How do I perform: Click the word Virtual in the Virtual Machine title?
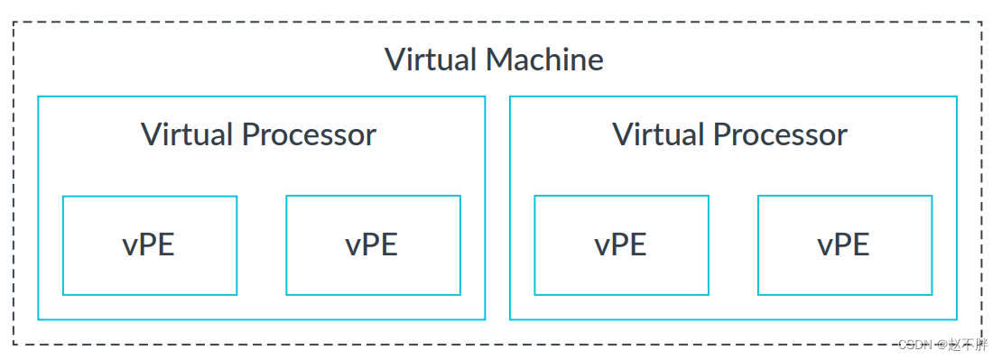point(431,60)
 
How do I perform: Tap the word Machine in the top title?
point(544,60)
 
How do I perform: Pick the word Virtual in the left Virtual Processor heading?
point(187,134)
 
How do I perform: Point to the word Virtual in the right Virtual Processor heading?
point(658,134)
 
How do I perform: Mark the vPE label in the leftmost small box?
point(149,245)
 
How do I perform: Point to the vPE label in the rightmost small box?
point(844,245)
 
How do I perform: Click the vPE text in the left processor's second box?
point(372,245)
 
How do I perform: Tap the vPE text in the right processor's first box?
point(621,245)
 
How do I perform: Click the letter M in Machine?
point(498,60)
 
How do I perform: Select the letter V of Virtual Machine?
point(394,60)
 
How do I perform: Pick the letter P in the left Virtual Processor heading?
point(250,134)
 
